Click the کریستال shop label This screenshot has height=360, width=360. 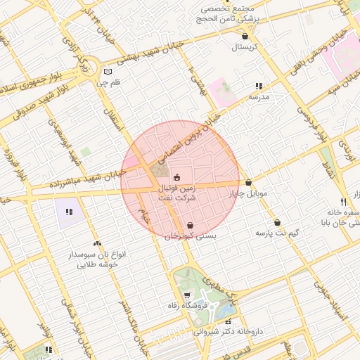coord(245,47)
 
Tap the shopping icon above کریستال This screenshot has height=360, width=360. coord(245,36)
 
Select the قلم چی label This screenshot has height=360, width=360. coord(108,82)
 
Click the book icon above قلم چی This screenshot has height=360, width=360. coord(107,71)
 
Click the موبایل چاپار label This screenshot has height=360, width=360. coord(248,194)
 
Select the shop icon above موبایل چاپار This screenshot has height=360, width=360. coord(248,183)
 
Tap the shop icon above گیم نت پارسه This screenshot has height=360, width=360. coord(277,221)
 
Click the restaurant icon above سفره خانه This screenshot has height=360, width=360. coord(342,200)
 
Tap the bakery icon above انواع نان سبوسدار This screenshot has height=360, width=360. coord(97,243)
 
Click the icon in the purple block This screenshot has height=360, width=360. coord(69,212)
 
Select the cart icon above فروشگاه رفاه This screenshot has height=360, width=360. coord(186,295)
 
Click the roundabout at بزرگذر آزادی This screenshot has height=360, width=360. coord(86,68)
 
